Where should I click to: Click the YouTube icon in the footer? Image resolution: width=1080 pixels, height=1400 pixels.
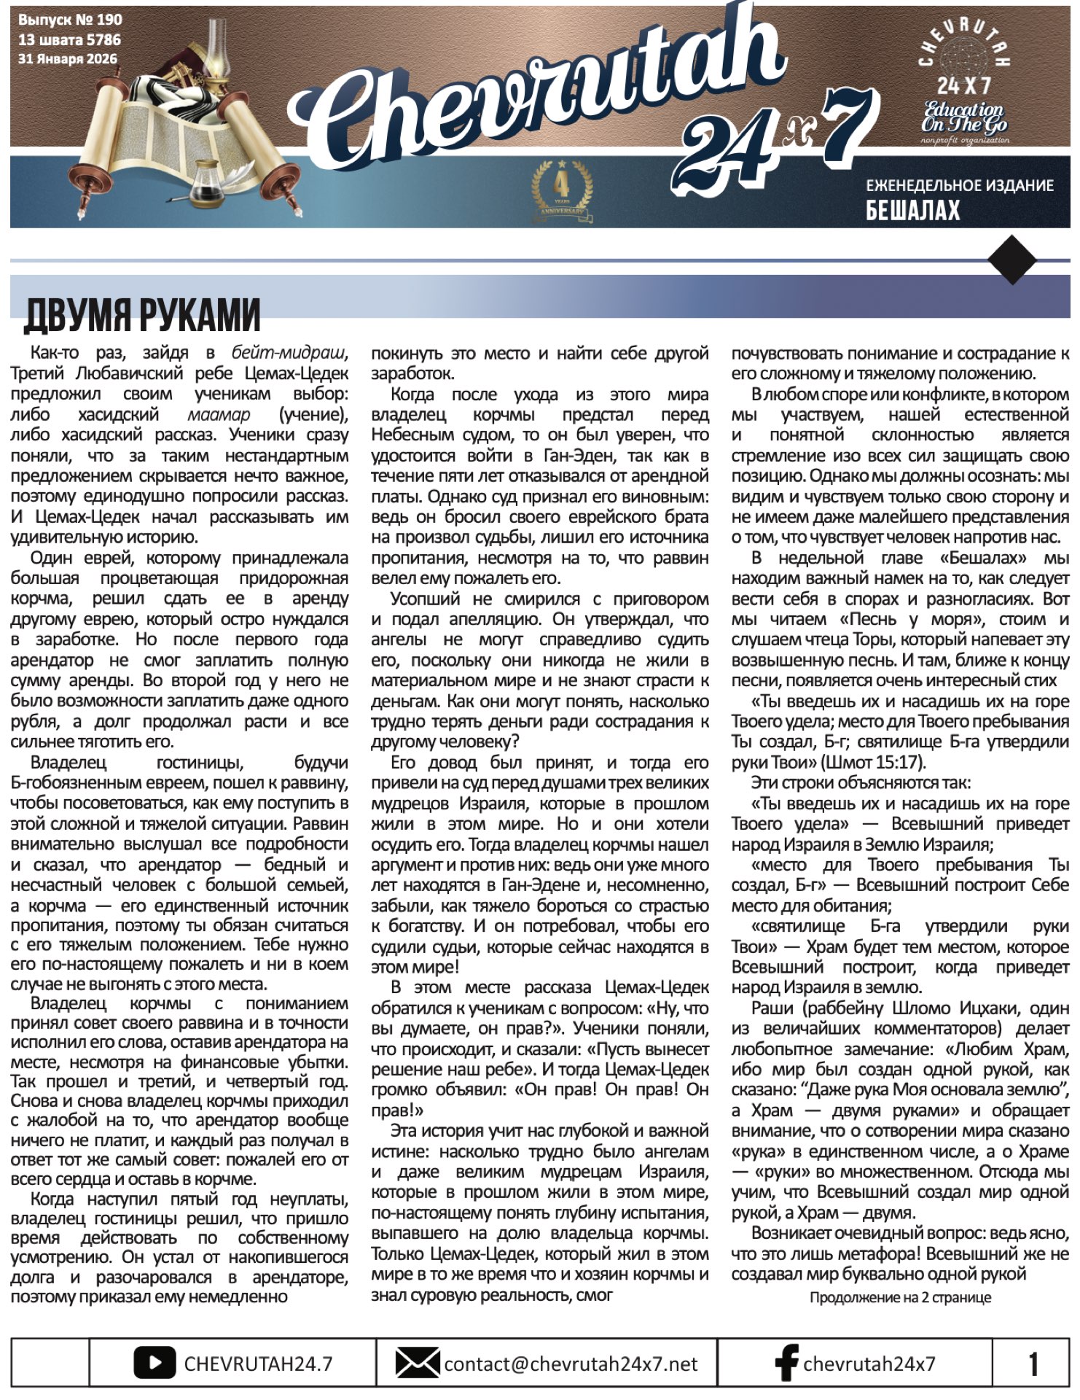[x=154, y=1363]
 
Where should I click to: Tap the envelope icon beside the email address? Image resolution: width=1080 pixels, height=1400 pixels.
[x=417, y=1363]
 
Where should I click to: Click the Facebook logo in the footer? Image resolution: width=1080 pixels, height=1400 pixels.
[x=786, y=1363]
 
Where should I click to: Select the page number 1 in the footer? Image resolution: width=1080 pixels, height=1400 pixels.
[x=1033, y=1364]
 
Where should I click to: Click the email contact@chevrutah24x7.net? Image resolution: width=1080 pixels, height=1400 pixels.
[x=571, y=1364]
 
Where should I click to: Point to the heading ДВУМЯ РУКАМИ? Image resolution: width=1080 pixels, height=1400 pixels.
[x=143, y=314]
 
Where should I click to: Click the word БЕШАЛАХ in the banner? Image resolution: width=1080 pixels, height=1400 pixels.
[x=912, y=211]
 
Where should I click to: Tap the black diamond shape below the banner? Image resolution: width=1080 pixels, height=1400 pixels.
[x=1012, y=259]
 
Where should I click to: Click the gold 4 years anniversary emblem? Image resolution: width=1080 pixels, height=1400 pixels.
[x=561, y=191]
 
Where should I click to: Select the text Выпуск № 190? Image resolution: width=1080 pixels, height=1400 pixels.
[x=70, y=20]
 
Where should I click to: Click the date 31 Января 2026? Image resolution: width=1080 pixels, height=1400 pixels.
[x=67, y=59]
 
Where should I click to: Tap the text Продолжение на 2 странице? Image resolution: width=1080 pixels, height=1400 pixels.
[x=900, y=1297]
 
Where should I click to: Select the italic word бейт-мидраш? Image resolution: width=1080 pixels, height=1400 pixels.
[x=289, y=353]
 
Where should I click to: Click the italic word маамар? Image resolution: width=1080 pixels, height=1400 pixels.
[x=219, y=414]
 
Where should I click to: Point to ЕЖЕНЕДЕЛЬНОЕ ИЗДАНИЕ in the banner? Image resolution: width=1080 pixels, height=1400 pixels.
[x=959, y=185]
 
